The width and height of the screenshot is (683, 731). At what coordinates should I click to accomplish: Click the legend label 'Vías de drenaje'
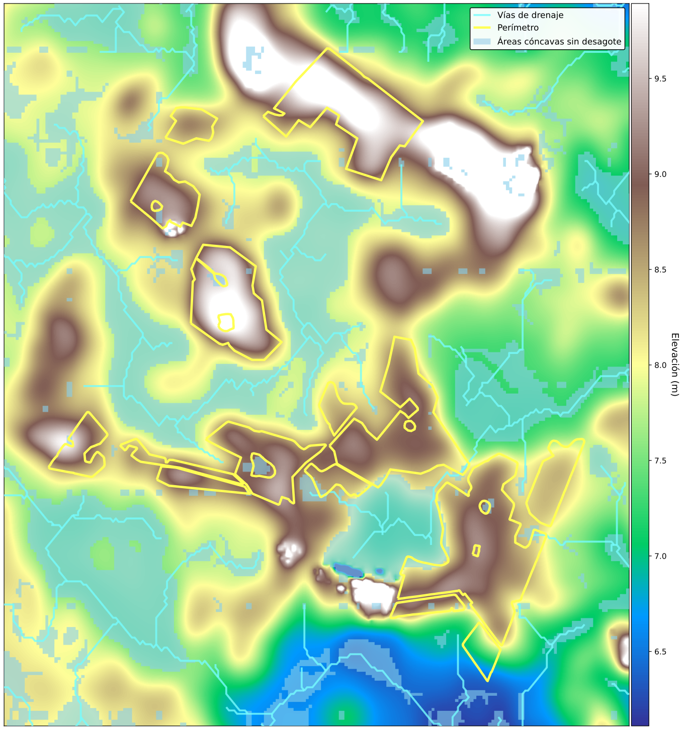(x=530, y=15)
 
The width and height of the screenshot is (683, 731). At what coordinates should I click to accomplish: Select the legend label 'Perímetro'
(x=518, y=28)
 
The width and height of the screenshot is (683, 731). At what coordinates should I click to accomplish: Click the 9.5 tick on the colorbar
(x=660, y=79)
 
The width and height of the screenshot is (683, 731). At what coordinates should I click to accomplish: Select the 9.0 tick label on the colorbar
(x=660, y=174)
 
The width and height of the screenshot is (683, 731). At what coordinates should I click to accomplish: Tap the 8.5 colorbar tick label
(x=660, y=270)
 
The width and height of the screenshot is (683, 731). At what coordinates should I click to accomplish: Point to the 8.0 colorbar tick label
(x=660, y=365)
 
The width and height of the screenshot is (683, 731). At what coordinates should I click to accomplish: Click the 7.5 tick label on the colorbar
(x=660, y=461)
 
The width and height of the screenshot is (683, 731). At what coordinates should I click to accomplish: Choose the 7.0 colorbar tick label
(x=660, y=557)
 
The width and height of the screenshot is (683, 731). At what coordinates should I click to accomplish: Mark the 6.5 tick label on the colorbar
(x=660, y=652)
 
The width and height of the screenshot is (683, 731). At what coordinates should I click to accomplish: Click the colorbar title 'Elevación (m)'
(x=675, y=364)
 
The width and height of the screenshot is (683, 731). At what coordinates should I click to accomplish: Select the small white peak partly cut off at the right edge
(x=624, y=651)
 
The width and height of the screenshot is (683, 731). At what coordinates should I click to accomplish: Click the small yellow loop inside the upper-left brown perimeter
(x=157, y=206)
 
